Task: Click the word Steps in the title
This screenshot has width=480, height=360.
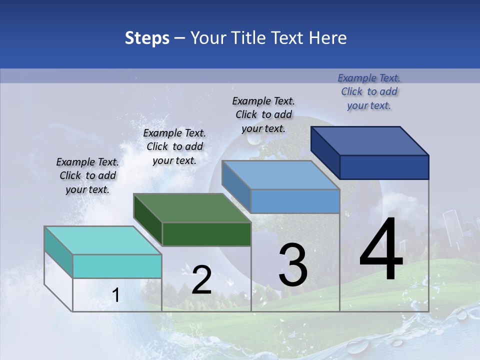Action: (147, 38)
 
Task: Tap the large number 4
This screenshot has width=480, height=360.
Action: (381, 250)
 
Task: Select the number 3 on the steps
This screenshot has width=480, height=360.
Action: (293, 265)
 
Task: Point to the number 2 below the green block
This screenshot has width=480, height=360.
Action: (202, 280)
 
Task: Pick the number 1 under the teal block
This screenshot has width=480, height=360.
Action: (115, 295)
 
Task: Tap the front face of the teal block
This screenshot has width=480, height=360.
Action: (117, 266)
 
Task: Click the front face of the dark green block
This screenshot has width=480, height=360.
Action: (206, 234)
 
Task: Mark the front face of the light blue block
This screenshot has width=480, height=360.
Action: (295, 201)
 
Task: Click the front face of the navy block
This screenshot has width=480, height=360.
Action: (384, 167)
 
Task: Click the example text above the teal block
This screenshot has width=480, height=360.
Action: (87, 176)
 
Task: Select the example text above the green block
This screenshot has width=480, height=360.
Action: (174, 146)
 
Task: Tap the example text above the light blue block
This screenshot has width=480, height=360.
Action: (263, 114)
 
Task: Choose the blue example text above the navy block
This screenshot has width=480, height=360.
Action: (369, 91)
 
